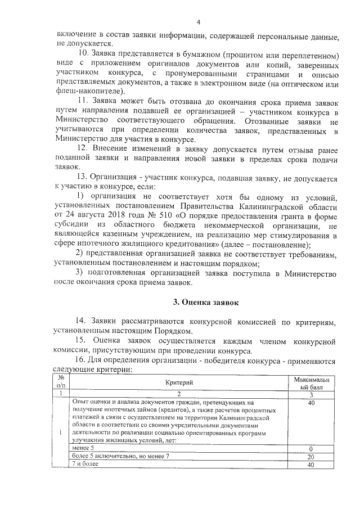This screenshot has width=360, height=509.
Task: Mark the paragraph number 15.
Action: click(83, 341)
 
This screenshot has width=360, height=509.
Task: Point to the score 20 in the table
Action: click(310, 457)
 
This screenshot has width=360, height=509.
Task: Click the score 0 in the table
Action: click(310, 449)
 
